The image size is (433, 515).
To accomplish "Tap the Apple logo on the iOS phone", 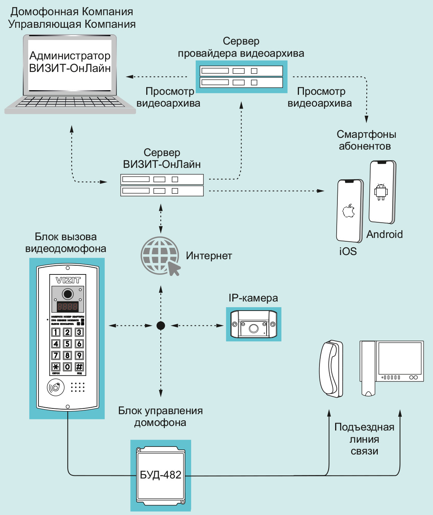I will point(349,210).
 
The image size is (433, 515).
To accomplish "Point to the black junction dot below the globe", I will point(161,325).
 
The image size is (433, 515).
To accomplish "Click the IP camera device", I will point(254,324).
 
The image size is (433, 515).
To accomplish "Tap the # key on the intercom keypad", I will point(79,367).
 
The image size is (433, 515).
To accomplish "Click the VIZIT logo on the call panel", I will point(68,281).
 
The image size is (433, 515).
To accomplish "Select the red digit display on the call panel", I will point(67,306).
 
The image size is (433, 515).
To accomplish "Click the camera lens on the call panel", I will point(68,294).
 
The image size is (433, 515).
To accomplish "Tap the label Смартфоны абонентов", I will point(366,140).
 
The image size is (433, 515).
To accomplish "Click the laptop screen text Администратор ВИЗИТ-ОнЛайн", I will point(70,62).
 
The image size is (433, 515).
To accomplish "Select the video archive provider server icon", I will point(241,77).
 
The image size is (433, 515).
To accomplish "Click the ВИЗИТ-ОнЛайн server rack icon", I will point(162,185).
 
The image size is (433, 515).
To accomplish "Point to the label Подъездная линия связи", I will point(364,439).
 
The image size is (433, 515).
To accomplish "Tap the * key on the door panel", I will point(56,367).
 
